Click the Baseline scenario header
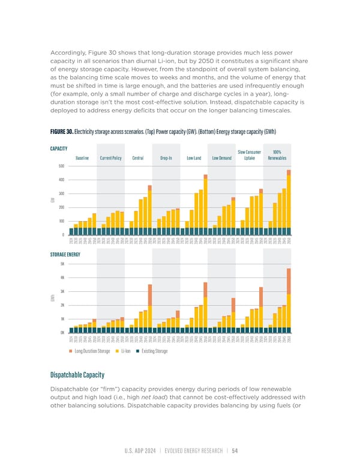click(x=82, y=159)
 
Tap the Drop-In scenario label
click(x=166, y=159)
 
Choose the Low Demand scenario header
click(x=221, y=159)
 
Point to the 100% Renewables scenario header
click(x=277, y=156)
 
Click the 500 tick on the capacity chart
click(x=61, y=166)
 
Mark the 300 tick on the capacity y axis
click(x=61, y=193)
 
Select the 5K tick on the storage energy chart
click(x=62, y=264)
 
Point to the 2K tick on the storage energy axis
click(x=62, y=305)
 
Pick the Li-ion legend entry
click(x=126, y=350)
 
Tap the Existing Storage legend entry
click(x=154, y=350)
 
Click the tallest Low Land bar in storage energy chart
click(x=205, y=306)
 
